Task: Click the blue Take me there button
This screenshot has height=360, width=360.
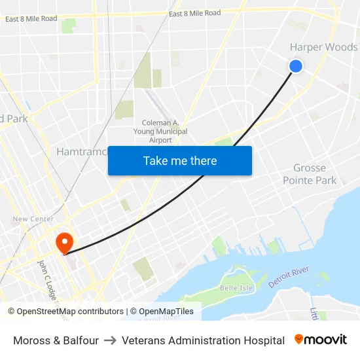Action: (180, 160)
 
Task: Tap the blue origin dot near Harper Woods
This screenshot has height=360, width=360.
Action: (296, 65)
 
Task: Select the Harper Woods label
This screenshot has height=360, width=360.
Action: (323, 47)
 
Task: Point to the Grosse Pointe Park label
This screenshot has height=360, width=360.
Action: (310, 174)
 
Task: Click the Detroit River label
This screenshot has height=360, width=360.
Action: (289, 278)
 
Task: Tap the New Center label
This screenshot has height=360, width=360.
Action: (33, 219)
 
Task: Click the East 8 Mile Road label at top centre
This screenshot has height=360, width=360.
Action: (194, 13)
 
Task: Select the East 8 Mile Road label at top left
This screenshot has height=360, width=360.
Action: (31, 19)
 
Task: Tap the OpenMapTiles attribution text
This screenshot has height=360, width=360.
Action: (162, 312)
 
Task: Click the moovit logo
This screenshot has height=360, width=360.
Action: (321, 340)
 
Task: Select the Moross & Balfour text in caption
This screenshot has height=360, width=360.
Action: (56, 340)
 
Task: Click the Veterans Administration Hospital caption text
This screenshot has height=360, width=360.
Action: (203, 340)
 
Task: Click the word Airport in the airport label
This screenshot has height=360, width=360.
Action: (160, 140)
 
